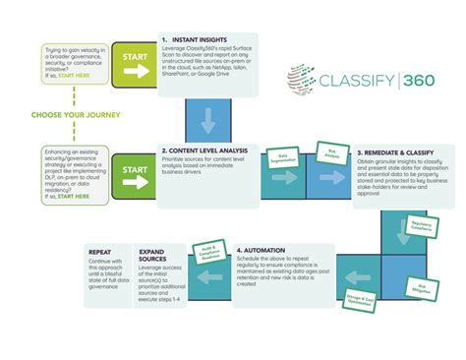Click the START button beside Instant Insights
coord(135,58)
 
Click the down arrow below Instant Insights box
coord(207,121)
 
